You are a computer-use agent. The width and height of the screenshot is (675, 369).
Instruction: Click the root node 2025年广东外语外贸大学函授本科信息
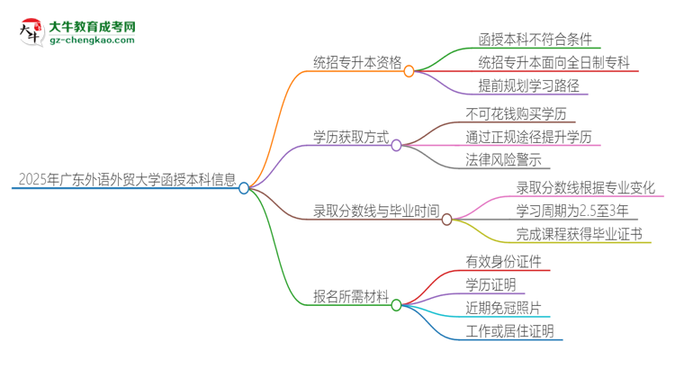click(x=125, y=179)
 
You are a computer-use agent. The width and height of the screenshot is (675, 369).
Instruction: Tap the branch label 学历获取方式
click(x=350, y=139)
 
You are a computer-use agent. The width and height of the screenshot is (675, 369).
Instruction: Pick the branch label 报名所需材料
click(x=350, y=294)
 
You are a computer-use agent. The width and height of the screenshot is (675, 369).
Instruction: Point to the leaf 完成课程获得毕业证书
click(x=579, y=235)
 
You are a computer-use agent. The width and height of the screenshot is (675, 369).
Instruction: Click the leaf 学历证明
click(x=490, y=284)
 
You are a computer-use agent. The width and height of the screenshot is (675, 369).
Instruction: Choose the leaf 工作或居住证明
click(x=509, y=332)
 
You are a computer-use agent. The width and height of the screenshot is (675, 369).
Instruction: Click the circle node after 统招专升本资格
click(x=409, y=70)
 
